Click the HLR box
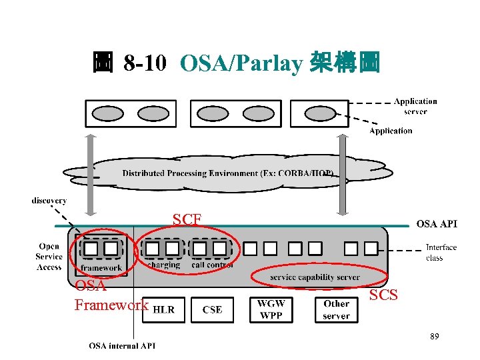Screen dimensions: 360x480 point(164,309)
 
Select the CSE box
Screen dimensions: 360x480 point(212,309)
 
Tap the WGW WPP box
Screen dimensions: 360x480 point(271,309)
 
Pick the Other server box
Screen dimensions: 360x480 point(336,309)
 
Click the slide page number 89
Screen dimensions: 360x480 point(434,337)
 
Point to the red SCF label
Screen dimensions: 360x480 point(187,219)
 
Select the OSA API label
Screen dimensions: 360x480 point(437,224)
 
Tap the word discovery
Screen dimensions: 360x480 point(49,200)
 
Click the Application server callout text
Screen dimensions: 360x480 point(415,106)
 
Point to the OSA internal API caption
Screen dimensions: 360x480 point(123,345)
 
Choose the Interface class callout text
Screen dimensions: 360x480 point(441,252)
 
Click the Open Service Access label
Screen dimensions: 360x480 point(49,257)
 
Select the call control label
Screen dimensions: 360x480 point(211,265)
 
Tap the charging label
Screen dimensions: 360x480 point(163,265)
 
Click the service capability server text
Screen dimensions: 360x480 point(315,277)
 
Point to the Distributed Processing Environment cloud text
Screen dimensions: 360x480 point(227,173)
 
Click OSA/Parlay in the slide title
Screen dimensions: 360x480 point(241,64)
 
